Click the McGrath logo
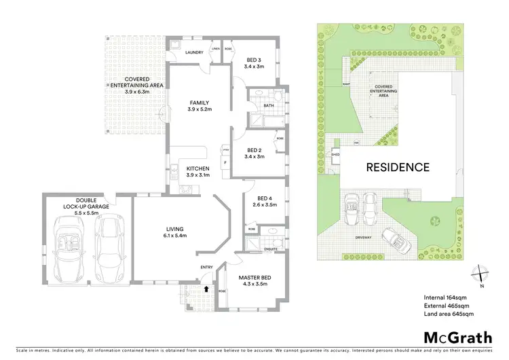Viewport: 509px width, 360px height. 455,338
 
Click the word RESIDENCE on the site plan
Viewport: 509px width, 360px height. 398,167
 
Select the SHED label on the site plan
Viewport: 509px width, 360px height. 335,154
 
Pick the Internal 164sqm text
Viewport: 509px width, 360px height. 445,298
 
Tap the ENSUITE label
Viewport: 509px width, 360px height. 270,249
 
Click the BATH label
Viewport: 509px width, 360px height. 269,105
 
